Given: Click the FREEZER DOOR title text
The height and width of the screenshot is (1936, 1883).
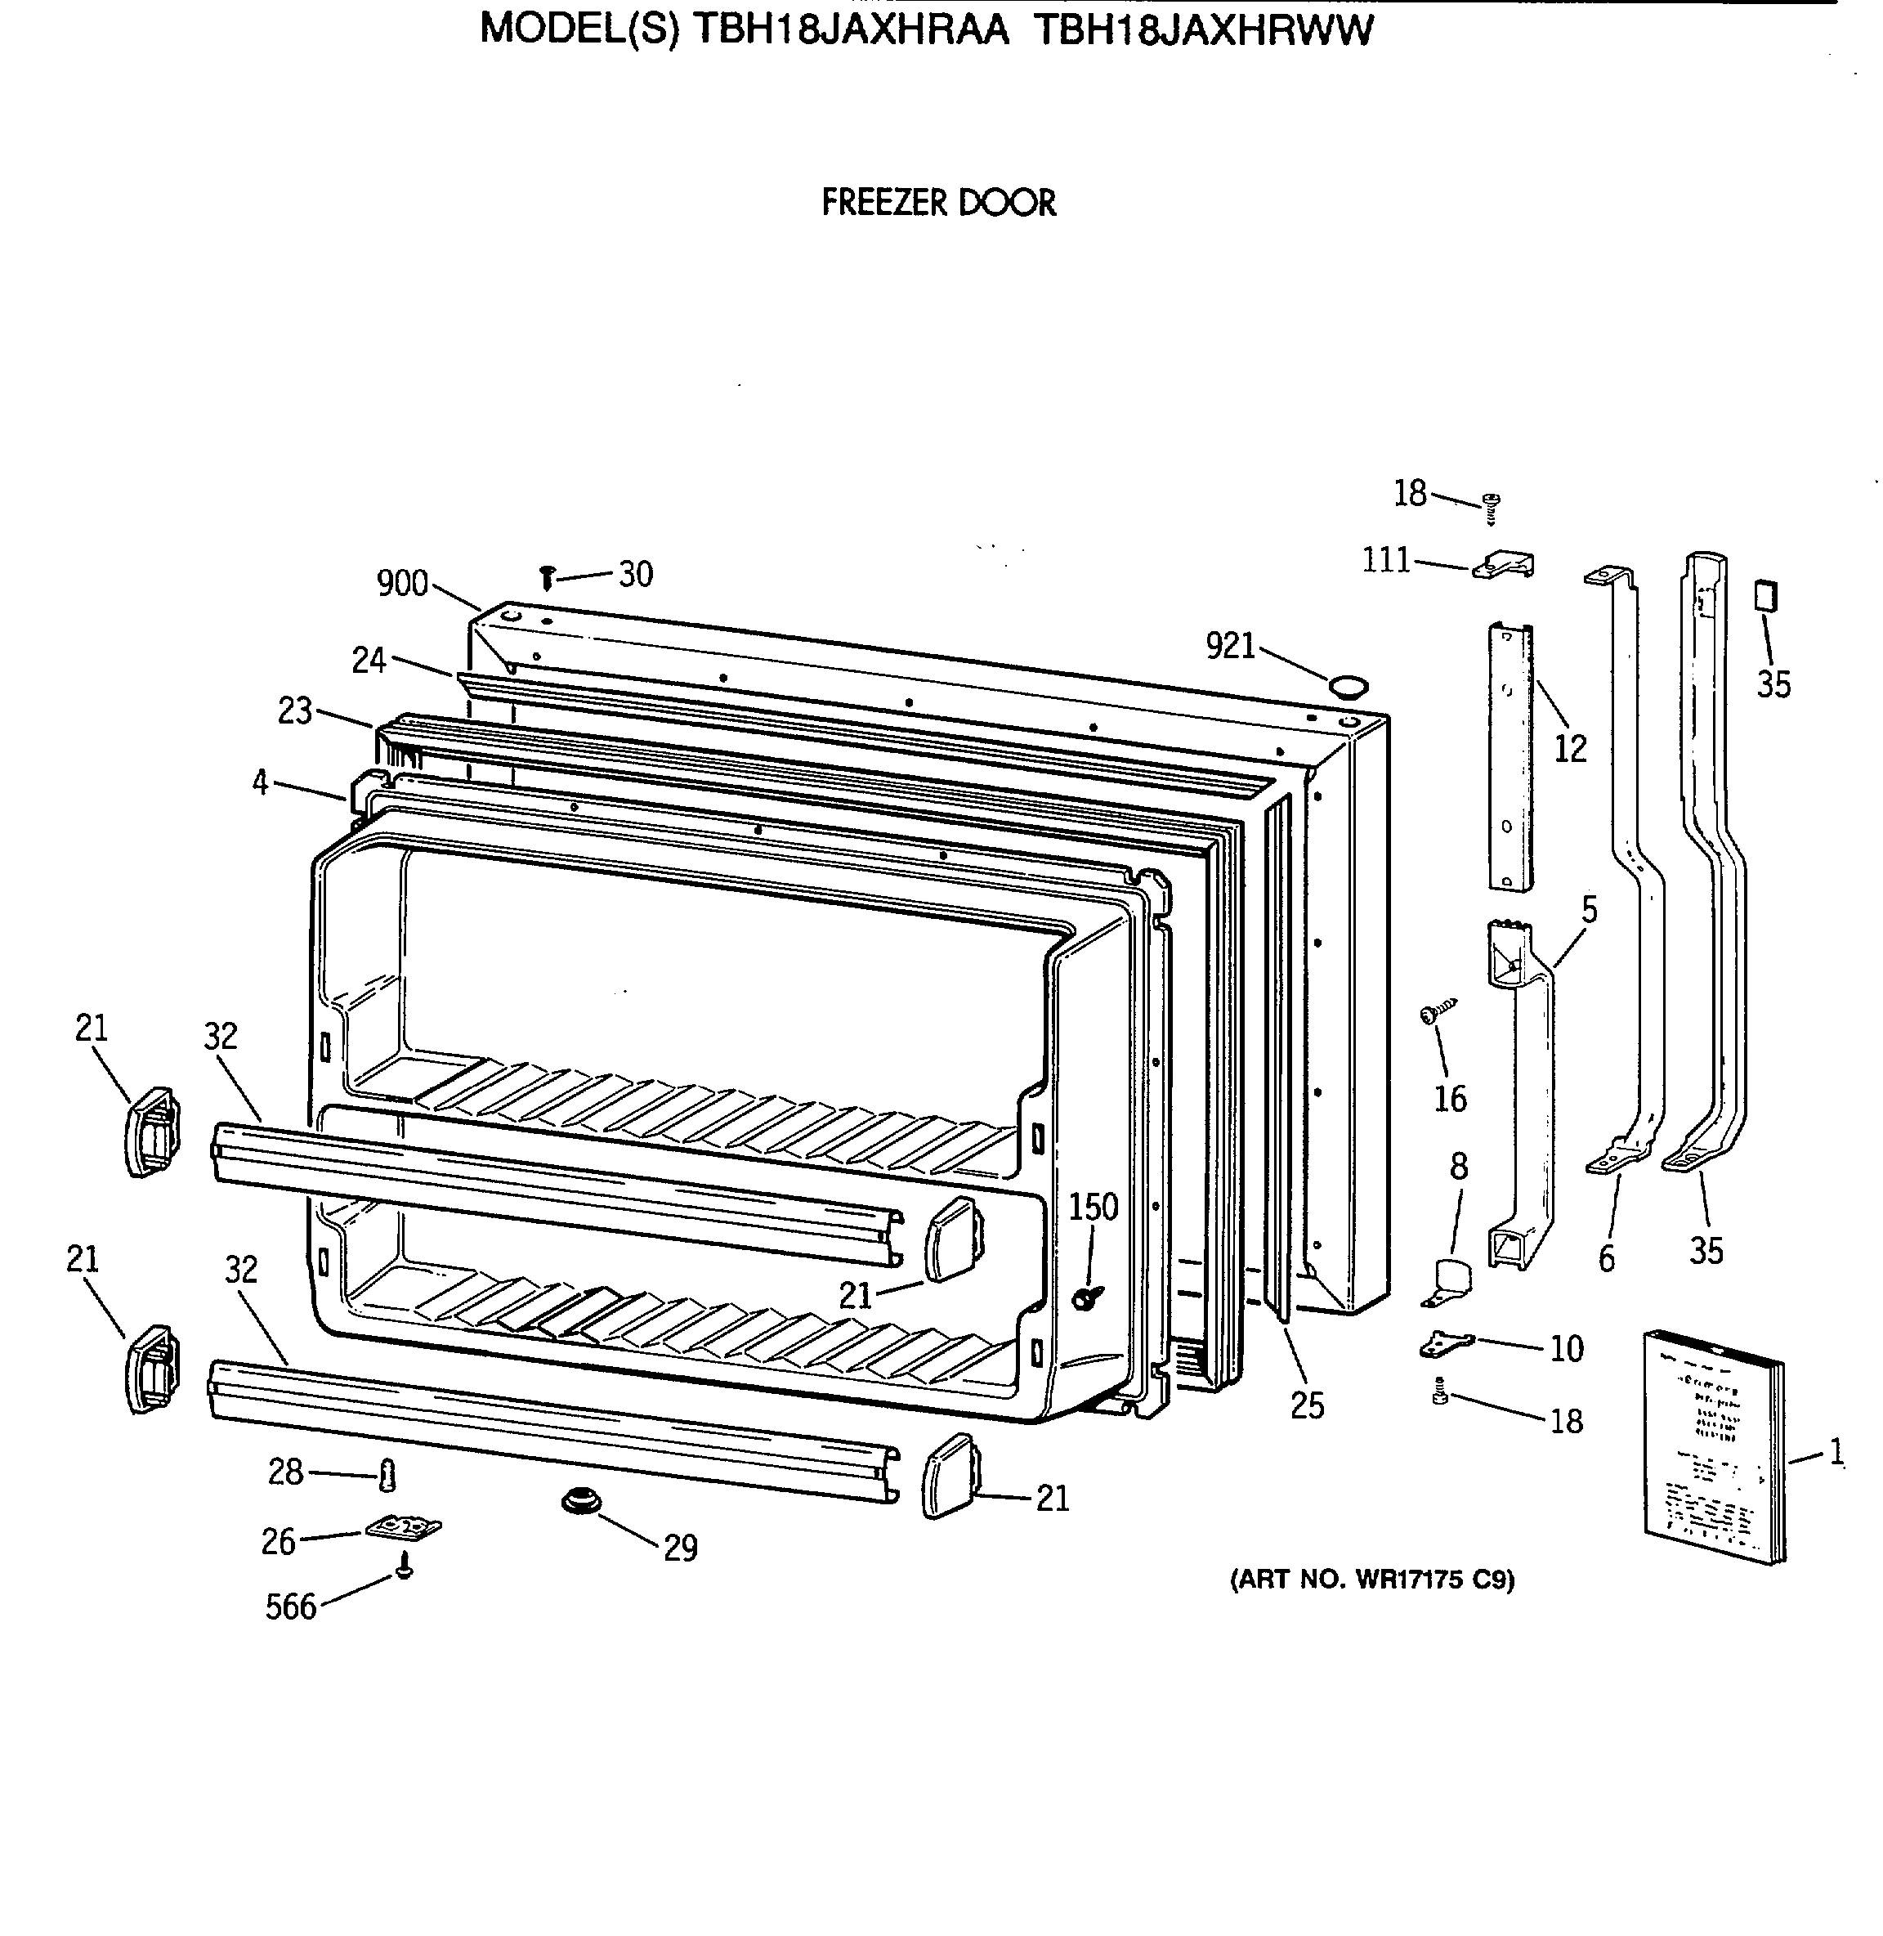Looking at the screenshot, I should tap(938, 203).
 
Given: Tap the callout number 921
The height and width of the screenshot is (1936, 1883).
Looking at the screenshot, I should tap(1229, 646).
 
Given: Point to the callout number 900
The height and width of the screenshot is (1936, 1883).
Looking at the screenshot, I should tap(401, 584).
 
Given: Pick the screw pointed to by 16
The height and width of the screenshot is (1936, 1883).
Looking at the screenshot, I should tap(1437, 1012).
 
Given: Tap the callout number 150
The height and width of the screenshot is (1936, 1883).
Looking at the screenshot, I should tap(1093, 1207).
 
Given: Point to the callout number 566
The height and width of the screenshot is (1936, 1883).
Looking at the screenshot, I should tap(291, 1607).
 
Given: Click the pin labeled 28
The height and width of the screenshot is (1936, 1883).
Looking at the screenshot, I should tap(387, 1476).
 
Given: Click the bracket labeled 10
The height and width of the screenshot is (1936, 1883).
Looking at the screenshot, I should tap(1445, 1343).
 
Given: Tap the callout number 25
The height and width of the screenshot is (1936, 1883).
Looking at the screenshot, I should tap(1307, 1405).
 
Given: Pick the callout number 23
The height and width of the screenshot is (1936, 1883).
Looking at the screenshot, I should tap(295, 710).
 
